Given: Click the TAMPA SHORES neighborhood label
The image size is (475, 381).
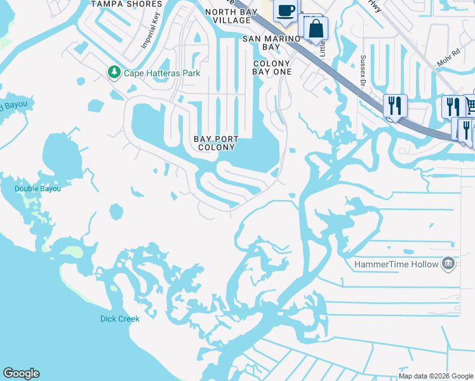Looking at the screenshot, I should (x=126, y=4).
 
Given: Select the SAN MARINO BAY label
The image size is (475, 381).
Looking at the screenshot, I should (x=271, y=43).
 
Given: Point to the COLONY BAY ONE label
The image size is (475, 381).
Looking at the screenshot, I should (x=272, y=67).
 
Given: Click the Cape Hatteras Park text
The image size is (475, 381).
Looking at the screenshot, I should (x=162, y=73).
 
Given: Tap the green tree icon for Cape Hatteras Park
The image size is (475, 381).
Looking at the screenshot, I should (x=114, y=72).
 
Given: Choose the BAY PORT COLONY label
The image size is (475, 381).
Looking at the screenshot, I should (x=217, y=143).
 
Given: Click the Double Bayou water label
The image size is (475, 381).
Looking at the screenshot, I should (x=38, y=189).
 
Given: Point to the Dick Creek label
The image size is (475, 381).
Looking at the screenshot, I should (x=119, y=319).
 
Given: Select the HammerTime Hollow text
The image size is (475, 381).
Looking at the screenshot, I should (x=396, y=264).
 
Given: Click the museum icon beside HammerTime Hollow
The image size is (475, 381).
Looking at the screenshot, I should (x=448, y=264).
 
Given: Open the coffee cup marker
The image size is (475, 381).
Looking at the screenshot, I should (x=286, y=10).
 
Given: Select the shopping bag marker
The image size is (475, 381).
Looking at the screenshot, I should (x=316, y=29).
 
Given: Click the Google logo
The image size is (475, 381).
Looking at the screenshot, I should (x=21, y=373).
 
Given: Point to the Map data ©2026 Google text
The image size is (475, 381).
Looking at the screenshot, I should (x=436, y=376).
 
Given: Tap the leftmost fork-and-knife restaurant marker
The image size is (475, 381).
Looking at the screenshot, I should (x=396, y=105).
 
